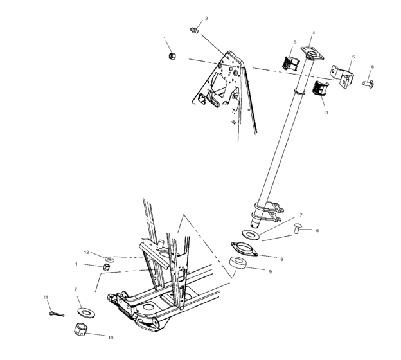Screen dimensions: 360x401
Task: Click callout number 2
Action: click(x=206, y=18)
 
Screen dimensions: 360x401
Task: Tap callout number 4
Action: click(x=313, y=33)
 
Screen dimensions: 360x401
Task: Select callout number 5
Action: click(x=353, y=58)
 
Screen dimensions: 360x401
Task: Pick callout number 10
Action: click(x=111, y=337)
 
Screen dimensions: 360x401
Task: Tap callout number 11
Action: click(x=46, y=297)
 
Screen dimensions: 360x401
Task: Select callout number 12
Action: click(x=86, y=252)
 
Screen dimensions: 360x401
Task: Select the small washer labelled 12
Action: click(x=107, y=257)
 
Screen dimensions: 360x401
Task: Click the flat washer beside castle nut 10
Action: click(x=83, y=312)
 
